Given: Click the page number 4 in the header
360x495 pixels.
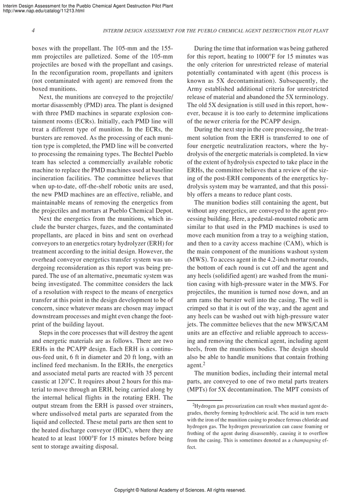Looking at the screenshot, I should click(x=34, y=31).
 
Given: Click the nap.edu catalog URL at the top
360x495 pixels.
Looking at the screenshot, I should click(x=43, y=11).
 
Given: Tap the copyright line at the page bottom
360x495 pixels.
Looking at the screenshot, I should click(x=180, y=490).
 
